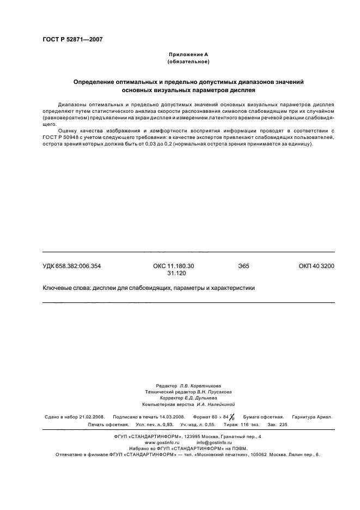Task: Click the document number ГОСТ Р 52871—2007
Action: point(72,39)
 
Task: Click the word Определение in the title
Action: point(97,82)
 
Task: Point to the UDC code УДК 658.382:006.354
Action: point(71,266)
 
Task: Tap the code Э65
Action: point(243,266)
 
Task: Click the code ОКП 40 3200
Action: point(316,266)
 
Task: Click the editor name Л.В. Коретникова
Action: point(204,385)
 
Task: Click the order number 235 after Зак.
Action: point(284,424)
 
